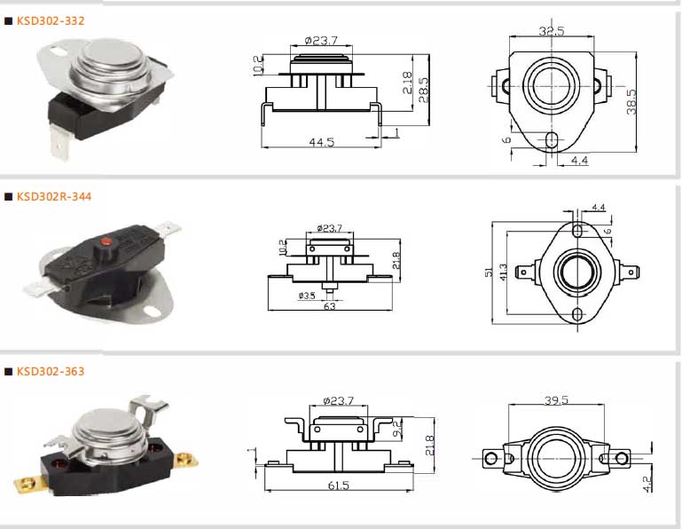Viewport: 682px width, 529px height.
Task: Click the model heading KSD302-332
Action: click(51, 21)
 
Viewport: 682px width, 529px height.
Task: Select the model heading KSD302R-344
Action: click(54, 196)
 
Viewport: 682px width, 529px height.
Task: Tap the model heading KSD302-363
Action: click(51, 371)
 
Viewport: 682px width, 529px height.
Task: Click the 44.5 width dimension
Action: click(321, 142)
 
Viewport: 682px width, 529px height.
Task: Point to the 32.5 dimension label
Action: click(551, 31)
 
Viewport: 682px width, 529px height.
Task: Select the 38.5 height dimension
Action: click(631, 102)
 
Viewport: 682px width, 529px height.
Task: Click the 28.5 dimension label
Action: click(423, 91)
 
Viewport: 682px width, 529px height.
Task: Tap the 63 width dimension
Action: click(330, 306)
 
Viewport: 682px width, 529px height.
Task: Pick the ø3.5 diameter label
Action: click(307, 296)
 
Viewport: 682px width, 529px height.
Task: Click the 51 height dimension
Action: click(489, 272)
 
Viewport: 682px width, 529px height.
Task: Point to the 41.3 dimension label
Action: click(503, 272)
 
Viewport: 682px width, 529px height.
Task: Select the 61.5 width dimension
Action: click(339, 485)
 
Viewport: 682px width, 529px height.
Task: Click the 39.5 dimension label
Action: click(556, 399)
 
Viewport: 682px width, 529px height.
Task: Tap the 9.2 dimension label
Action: click(397, 428)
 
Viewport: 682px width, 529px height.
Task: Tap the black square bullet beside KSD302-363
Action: click(8, 371)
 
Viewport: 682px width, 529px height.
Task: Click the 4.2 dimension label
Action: click(647, 484)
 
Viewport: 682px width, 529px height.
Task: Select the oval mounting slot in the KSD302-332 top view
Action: click(551, 139)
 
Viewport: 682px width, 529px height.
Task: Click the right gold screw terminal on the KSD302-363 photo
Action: click(186, 460)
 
